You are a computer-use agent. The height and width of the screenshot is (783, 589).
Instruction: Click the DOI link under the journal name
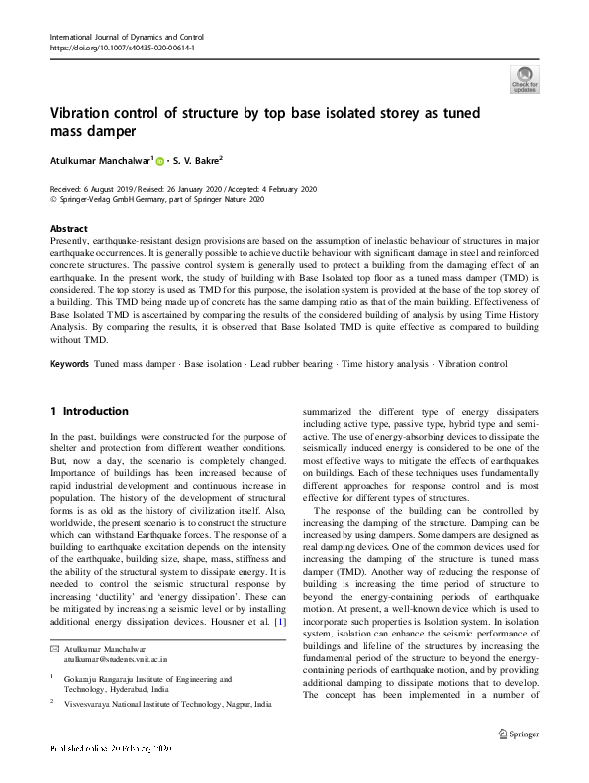point(122,47)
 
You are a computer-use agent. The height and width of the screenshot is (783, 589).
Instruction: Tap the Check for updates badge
point(525,79)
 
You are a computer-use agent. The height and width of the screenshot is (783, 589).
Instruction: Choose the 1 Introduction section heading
point(89,411)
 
